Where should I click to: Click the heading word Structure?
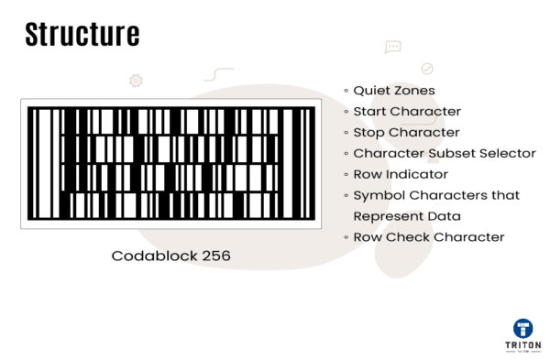[82, 35]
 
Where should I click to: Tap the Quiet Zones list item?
[394, 91]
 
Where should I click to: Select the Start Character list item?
[407, 112]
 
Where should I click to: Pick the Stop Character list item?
[406, 133]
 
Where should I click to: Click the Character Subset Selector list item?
[445, 154]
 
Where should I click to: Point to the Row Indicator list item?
[401, 174]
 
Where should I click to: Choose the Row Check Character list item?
[429, 237]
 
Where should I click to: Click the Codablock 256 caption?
[170, 256]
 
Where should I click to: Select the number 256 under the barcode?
[212, 256]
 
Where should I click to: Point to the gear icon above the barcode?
[136, 81]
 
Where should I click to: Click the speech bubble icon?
[393, 47]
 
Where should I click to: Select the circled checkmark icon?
[426, 68]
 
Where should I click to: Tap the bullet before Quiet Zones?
[346, 92]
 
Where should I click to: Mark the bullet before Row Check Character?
[346, 237]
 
